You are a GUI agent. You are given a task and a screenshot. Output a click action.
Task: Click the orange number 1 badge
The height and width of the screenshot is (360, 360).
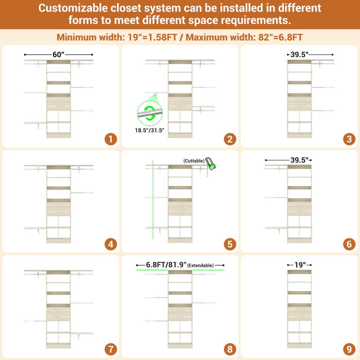coord(111,139)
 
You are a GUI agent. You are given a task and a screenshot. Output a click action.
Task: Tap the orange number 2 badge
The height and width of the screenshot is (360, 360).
coord(230,139)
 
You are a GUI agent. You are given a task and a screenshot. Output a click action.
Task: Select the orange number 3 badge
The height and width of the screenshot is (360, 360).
coord(349,139)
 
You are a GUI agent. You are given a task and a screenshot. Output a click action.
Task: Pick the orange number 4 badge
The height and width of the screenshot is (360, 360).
coord(111,244)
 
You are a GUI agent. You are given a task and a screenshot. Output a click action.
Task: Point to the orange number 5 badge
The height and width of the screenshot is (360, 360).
coord(230,244)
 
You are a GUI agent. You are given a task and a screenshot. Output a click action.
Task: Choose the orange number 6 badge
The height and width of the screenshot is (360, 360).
coord(349,244)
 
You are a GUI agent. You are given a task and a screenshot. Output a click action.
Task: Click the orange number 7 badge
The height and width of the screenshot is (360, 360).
coord(111,349)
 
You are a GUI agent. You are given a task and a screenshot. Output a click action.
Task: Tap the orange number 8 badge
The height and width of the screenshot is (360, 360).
coord(230,349)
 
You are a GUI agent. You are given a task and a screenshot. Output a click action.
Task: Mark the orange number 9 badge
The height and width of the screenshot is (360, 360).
coord(349,349)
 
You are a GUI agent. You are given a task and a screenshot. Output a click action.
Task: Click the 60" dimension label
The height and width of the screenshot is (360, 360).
coord(58,55)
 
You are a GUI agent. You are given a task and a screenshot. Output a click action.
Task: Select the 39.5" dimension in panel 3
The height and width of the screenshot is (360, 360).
coord(299,55)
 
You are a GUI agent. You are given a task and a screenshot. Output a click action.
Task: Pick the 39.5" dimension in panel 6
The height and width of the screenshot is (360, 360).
coord(299,160)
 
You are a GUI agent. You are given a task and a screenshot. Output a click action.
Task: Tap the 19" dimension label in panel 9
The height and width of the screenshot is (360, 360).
coord(300,265)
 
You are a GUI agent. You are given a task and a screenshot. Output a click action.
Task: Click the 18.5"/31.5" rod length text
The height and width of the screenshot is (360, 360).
coord(150,131)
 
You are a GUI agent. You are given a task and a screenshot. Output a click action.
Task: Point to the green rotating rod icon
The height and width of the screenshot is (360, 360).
coord(150,113)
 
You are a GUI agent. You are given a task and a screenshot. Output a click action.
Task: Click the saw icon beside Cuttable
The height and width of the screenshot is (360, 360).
coord(210,164)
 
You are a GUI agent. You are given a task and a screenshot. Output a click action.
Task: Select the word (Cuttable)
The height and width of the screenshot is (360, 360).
coord(194,160)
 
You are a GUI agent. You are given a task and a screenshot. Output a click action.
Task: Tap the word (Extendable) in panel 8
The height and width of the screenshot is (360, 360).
coord(201,265)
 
